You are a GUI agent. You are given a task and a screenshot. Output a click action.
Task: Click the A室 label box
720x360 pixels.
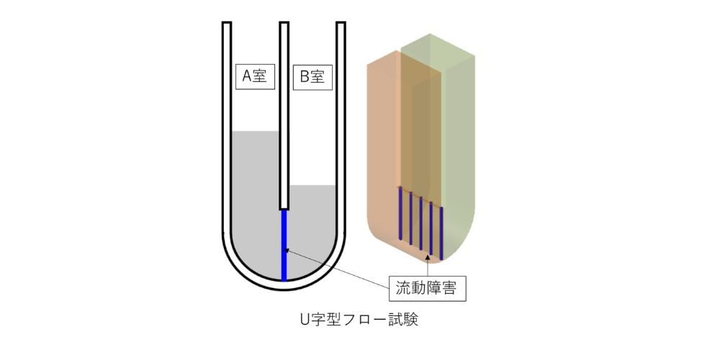[x=255, y=77]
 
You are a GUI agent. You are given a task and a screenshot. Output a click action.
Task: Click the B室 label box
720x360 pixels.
[x=312, y=77]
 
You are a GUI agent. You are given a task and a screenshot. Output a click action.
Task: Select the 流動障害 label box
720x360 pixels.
[x=428, y=289]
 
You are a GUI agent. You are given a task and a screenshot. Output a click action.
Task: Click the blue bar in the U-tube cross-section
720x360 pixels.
[x=284, y=245]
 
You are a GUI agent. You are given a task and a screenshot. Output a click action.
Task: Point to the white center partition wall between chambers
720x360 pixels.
[x=284, y=115]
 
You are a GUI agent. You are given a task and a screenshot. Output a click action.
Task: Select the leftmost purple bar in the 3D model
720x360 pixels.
[x=400, y=213]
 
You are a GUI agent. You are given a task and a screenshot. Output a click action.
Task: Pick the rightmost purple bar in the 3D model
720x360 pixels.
[x=441, y=233]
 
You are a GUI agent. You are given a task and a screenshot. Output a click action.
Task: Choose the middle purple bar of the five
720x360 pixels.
[x=420, y=223]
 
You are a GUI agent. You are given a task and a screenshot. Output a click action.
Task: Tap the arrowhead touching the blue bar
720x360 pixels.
[x=288, y=251]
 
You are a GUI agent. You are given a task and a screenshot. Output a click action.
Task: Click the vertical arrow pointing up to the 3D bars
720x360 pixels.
[x=428, y=266]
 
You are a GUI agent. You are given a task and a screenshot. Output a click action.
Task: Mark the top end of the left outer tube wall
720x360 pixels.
[x=227, y=22]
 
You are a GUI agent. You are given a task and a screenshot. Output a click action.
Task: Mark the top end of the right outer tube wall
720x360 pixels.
[x=341, y=22]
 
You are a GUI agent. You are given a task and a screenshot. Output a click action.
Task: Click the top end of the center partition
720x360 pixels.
[x=284, y=22]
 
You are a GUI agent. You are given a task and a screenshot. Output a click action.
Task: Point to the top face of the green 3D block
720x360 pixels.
[x=436, y=53]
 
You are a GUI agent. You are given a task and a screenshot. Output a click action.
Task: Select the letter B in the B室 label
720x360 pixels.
[x=305, y=77]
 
